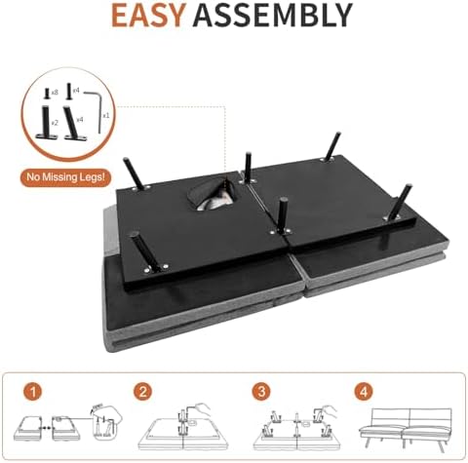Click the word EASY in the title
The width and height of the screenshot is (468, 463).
pos(148,16)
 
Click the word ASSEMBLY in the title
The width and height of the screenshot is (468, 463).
pos(273,16)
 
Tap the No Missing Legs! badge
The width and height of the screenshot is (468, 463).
pos(66,177)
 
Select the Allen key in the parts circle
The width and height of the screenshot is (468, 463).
pos(94,110)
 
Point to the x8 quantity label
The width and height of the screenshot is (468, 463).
pos(55,93)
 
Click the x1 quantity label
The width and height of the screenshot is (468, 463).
pos(106,115)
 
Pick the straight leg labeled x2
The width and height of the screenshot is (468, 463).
pos(47,123)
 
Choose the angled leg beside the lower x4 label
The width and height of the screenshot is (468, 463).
pos(74,124)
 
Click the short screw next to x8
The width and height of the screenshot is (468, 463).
pos(47,94)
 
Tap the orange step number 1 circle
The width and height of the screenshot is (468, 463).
pos(33,392)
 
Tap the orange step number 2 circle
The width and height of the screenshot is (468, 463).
pos(142,392)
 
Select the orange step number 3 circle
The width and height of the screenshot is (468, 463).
pos(262,392)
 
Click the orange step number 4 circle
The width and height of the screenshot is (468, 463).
pos(364,392)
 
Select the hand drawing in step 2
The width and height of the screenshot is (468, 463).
pos(199,408)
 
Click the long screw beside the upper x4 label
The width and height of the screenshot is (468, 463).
pos(68,92)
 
